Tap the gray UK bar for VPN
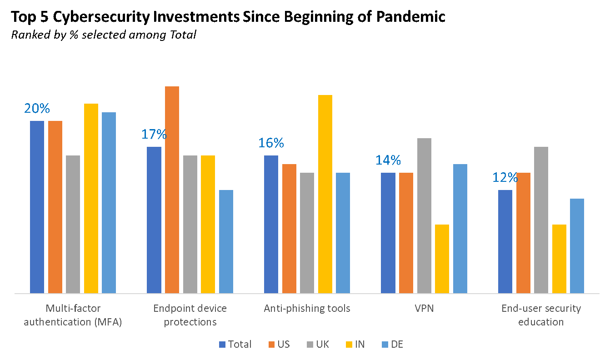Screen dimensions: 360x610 pyautogui.click(x=424, y=215)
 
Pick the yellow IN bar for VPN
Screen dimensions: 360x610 pyautogui.click(x=442, y=259)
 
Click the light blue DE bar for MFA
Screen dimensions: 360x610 pyautogui.click(x=109, y=203)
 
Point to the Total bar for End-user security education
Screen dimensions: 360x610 pyautogui.click(x=505, y=241)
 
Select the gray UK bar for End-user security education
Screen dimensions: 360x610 pyautogui.click(x=541, y=220)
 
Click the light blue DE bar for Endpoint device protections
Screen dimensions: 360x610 pyautogui.click(x=226, y=241)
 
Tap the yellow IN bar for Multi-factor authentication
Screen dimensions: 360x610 pyautogui.click(x=91, y=198)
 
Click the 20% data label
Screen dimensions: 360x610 pyautogui.click(x=37, y=109)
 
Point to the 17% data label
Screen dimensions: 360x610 pyautogui.click(x=154, y=135)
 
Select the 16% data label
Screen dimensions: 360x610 pyautogui.click(x=271, y=143)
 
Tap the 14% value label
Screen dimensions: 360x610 pyautogui.click(x=388, y=160)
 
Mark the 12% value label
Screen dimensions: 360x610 pyautogui.click(x=505, y=177)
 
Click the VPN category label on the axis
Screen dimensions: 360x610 pyautogui.click(x=424, y=309)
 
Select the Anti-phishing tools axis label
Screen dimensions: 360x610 pyautogui.click(x=307, y=309)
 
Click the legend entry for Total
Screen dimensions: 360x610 pyautogui.click(x=235, y=345)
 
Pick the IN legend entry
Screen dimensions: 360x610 pyautogui.click(x=355, y=345)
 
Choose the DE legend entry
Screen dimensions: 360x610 pyautogui.click(x=392, y=345)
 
